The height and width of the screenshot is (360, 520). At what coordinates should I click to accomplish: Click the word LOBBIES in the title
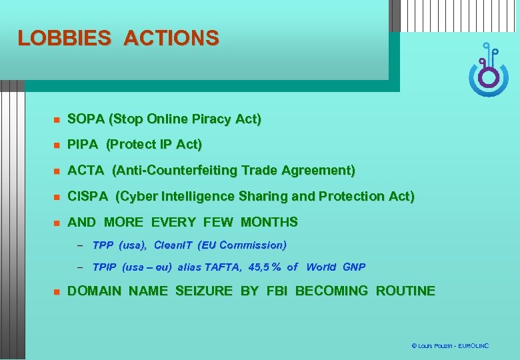[64, 38]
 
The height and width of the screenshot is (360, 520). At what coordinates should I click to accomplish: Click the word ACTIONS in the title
[171, 38]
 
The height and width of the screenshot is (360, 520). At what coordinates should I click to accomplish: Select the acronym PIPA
[83, 145]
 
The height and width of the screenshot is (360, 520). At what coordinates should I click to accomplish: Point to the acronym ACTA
[86, 171]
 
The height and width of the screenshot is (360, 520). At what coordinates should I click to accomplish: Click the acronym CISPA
[88, 197]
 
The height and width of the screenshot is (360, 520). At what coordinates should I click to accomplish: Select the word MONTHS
[269, 222]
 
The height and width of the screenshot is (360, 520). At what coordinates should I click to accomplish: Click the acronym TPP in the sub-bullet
[103, 245]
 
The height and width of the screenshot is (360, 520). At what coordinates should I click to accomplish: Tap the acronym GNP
[354, 267]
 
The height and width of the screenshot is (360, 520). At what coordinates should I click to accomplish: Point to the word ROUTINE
[405, 291]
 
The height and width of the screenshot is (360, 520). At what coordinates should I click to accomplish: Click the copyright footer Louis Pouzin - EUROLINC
[450, 346]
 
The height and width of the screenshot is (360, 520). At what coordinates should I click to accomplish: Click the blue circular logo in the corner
[488, 73]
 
